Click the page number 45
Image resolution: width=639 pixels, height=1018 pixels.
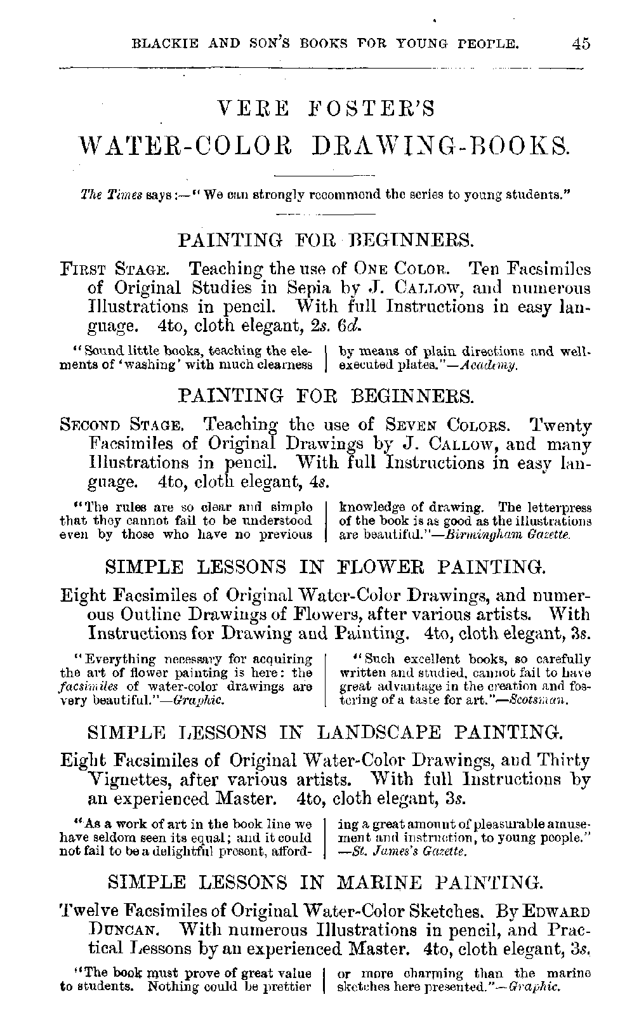[581, 44]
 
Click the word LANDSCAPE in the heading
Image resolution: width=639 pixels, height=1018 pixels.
[378, 734]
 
